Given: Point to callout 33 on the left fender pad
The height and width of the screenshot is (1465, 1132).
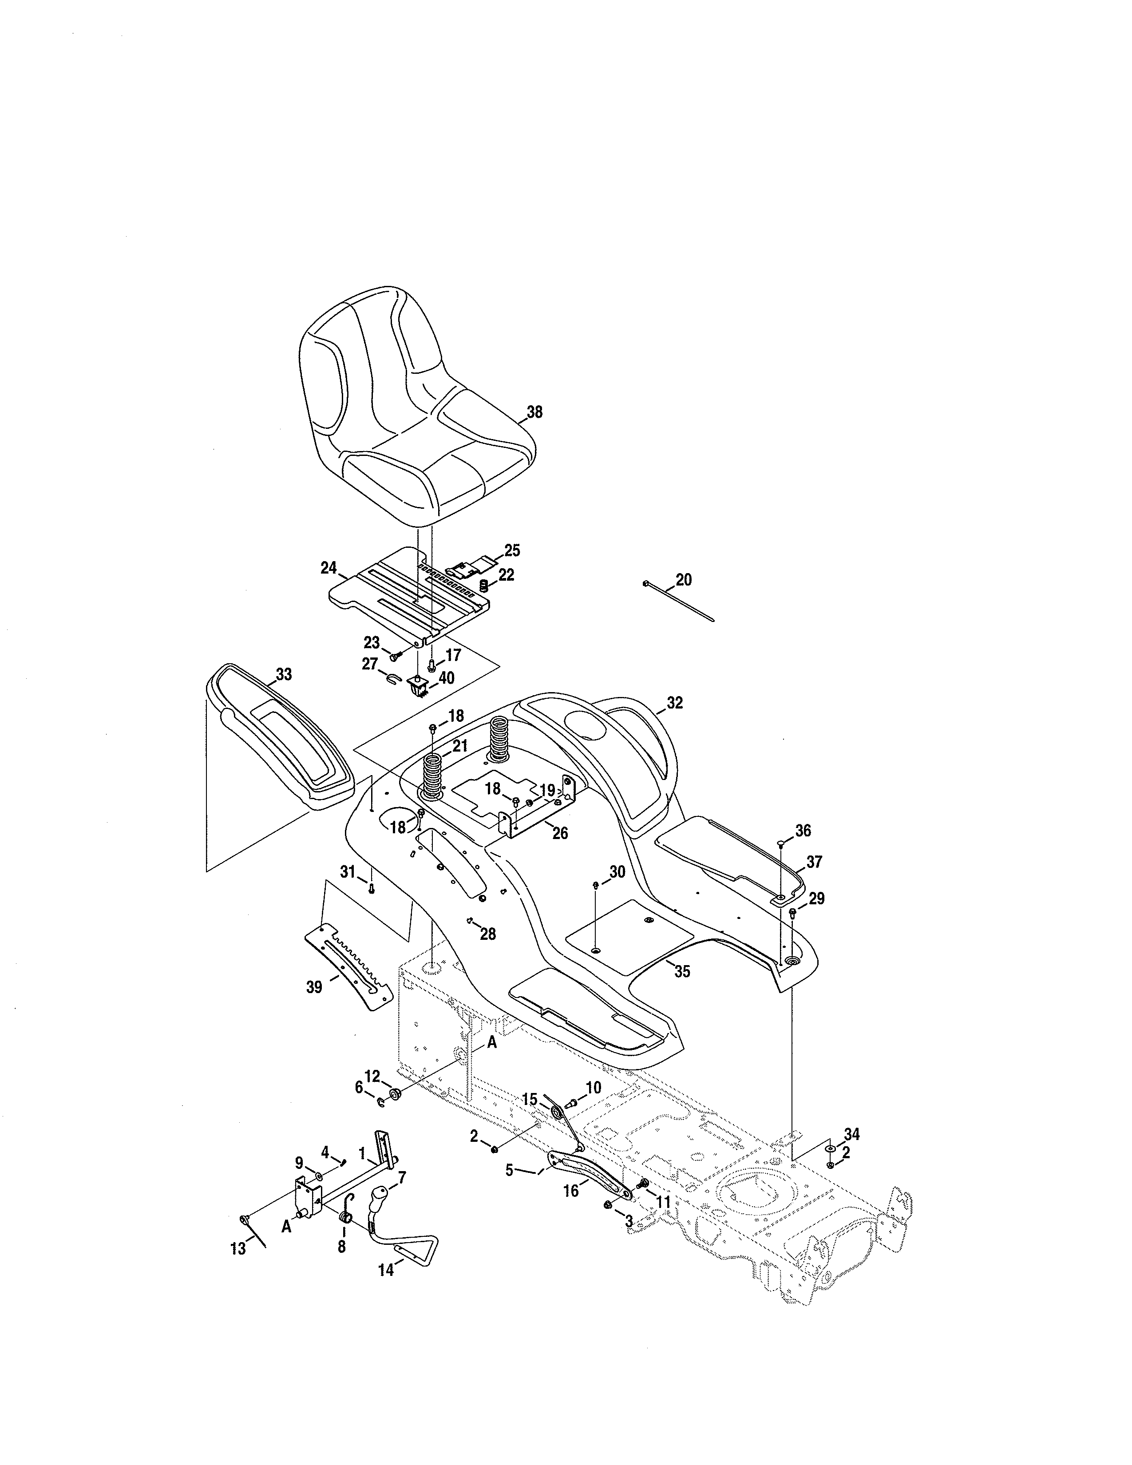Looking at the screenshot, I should [x=284, y=674].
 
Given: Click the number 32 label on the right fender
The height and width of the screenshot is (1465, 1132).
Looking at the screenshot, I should [x=675, y=702].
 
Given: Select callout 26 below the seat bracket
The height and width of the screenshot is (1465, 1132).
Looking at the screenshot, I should [x=560, y=833].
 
